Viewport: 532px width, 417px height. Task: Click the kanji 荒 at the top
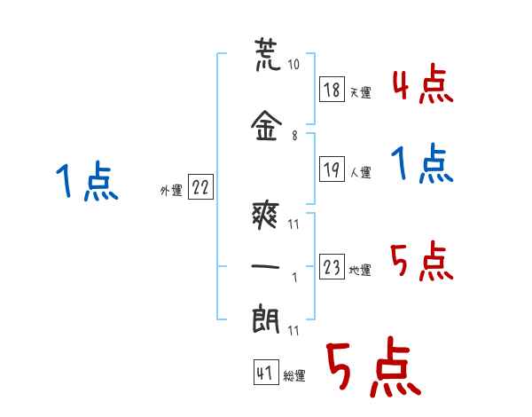[268, 55]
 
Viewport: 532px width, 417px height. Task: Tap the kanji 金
[266, 126]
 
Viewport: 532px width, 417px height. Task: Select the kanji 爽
[266, 215]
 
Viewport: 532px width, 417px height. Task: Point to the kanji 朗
[266, 319]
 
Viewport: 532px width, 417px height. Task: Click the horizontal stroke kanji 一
[266, 266]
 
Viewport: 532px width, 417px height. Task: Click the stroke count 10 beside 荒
[293, 64]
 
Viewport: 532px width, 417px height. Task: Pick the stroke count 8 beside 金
[294, 136]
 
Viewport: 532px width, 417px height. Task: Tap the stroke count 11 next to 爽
[293, 224]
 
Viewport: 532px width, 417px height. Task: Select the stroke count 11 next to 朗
[293, 330]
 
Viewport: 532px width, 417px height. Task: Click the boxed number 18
[332, 90]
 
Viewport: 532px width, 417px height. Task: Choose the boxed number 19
[332, 169]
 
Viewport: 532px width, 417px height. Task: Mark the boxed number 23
[332, 266]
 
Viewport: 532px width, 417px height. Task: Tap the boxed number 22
[200, 187]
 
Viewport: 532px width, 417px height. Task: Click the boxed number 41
[266, 372]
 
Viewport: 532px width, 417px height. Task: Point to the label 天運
[360, 92]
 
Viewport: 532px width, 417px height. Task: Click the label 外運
[171, 191]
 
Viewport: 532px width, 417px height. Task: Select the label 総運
[294, 375]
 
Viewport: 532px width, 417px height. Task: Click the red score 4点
[422, 84]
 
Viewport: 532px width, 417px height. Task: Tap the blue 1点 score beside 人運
[422, 163]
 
